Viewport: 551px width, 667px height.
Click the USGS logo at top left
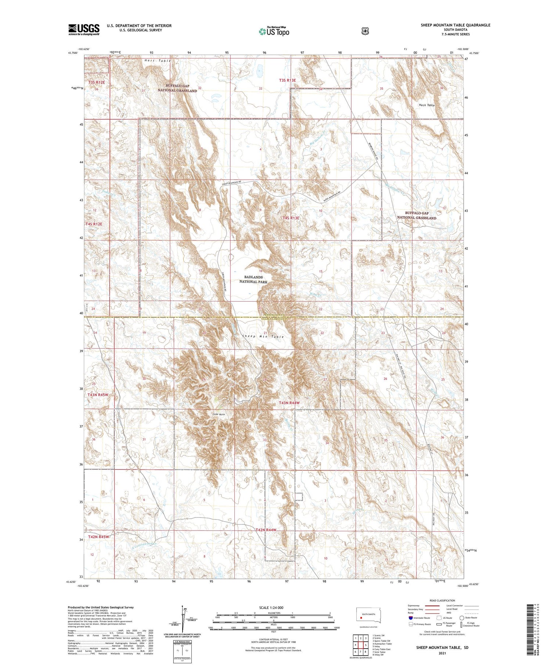pos(84,29)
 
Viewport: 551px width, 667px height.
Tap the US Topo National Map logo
pos(274,31)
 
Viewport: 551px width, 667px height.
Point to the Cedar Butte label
pos(219,414)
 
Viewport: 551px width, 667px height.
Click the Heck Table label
pos(426,105)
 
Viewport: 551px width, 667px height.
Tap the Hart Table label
pos(158,60)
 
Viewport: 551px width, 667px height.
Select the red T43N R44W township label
pos(289,403)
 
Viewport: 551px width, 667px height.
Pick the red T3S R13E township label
pos(287,80)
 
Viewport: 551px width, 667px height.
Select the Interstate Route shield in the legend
pos(410,618)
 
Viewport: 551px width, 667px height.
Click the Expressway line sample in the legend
pos(432,606)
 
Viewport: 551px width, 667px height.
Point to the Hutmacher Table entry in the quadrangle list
pos(382,644)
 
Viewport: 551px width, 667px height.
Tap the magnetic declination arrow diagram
pos(182,618)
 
